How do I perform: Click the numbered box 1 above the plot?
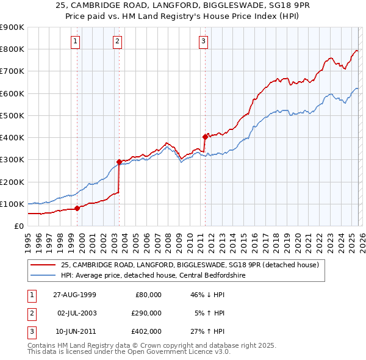point(75,41)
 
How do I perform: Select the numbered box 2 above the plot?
point(117,41)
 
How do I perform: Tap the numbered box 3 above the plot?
point(203,41)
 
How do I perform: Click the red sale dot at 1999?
point(77,208)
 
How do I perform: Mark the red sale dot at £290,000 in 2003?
point(119,162)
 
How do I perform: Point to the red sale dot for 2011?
point(205,137)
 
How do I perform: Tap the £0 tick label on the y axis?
point(18,226)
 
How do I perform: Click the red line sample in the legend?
point(43,265)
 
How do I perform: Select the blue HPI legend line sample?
point(43,275)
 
